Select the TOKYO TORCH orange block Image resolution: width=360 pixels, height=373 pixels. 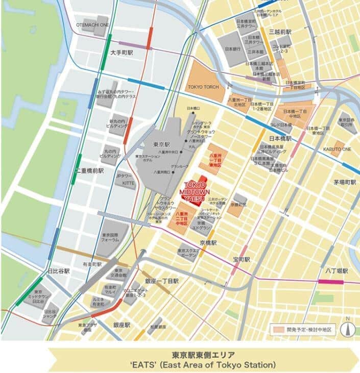coord(203,87)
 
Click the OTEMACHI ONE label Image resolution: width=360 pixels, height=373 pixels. coord(92,24)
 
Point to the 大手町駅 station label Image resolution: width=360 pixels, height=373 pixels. coord(122,53)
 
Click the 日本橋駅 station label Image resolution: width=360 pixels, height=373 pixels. coord(279,138)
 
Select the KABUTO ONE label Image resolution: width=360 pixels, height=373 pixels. coord(338,149)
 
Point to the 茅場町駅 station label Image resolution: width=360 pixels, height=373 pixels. coord(345,182)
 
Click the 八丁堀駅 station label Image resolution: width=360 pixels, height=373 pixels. coord(337,271)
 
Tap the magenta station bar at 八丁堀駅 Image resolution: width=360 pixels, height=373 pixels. coord(331,281)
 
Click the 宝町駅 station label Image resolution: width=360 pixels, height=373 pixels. coord(241,260)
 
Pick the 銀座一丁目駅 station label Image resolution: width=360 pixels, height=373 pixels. coord(161,281)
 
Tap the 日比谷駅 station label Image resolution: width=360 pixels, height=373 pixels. coord(58,271)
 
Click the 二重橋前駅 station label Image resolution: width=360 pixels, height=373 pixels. coord(90,171)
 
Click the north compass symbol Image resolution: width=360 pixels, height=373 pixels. coord(347,327)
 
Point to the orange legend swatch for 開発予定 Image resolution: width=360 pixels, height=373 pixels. coord(277,330)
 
